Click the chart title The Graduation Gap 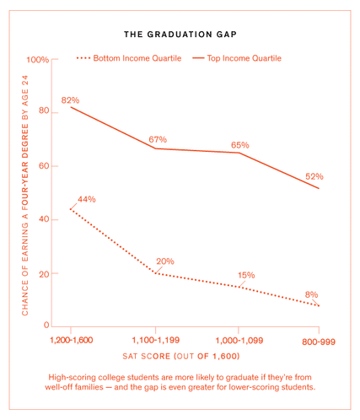coord(180,35)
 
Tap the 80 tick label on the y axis coord(43,113)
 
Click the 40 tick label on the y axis coord(43,219)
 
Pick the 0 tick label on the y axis coord(46,326)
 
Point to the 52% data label coord(314,176)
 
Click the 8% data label coord(311,294)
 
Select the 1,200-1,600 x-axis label coord(72,340)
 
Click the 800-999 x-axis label coord(319,340)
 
